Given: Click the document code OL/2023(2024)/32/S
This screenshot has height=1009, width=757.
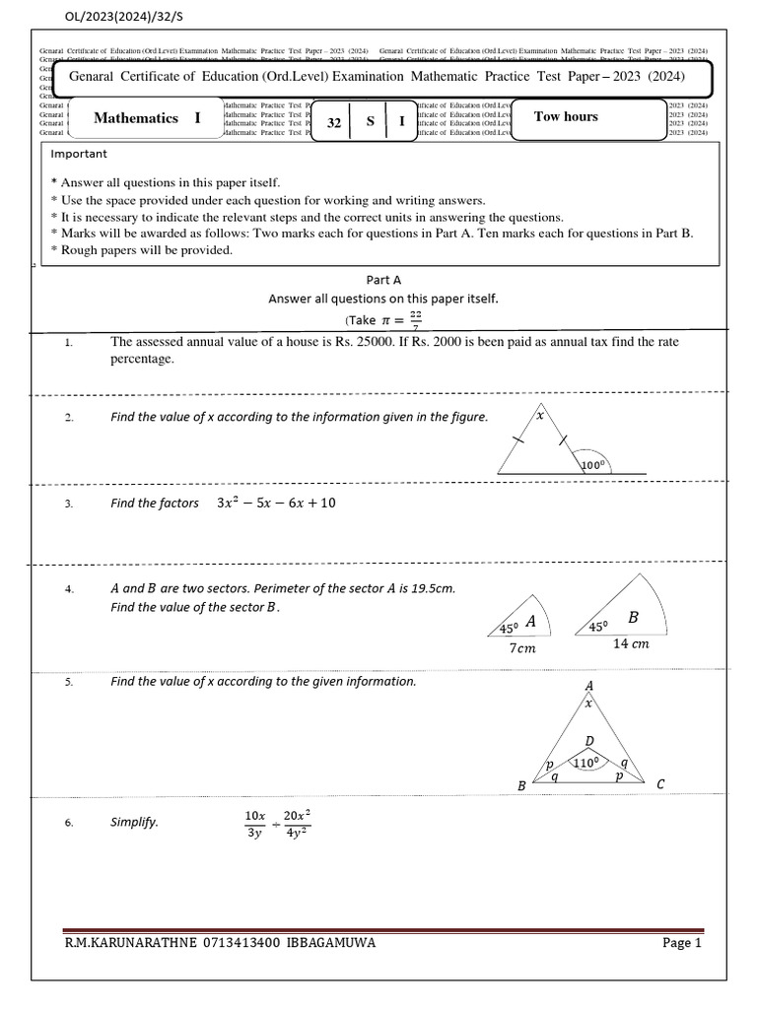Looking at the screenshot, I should (x=115, y=17).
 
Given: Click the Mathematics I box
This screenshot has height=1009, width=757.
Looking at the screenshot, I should (x=147, y=118).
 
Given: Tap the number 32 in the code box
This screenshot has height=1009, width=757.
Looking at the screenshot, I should (x=334, y=123).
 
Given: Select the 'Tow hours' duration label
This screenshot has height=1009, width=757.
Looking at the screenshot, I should (x=566, y=116).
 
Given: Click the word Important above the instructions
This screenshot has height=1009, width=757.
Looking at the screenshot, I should (x=79, y=154).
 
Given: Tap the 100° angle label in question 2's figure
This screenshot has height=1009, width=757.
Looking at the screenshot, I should (x=596, y=464).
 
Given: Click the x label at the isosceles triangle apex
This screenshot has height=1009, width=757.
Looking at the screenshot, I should (x=539, y=417).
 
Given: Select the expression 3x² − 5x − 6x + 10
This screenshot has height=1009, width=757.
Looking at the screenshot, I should (x=276, y=503).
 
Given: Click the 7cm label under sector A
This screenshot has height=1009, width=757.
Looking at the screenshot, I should (x=522, y=648).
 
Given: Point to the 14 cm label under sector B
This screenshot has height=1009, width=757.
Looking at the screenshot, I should (x=631, y=643).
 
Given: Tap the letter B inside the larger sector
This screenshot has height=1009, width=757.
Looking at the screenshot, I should (x=634, y=617).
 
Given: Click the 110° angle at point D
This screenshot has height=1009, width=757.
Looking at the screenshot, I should (x=587, y=762).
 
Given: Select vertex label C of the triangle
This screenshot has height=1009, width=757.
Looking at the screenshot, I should (x=660, y=784).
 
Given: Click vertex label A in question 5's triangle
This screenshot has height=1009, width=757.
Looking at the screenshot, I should (x=589, y=686).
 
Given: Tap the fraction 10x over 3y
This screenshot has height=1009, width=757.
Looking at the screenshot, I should (x=255, y=824).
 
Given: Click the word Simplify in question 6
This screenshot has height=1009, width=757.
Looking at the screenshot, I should (x=134, y=822).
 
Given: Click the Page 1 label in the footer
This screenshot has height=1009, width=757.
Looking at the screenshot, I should (x=681, y=943).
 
